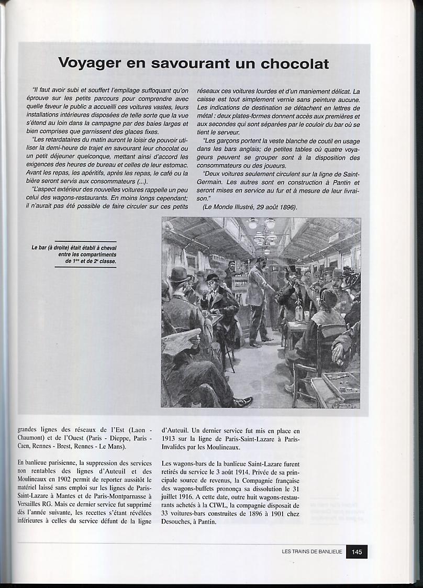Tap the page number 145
click(x=357, y=551)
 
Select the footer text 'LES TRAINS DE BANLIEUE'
click(x=311, y=551)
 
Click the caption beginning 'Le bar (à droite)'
click(x=86, y=254)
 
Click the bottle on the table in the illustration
click(x=299, y=313)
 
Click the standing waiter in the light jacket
click(x=258, y=298)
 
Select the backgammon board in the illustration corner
click(x=340, y=385)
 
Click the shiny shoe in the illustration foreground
click(x=242, y=401)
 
